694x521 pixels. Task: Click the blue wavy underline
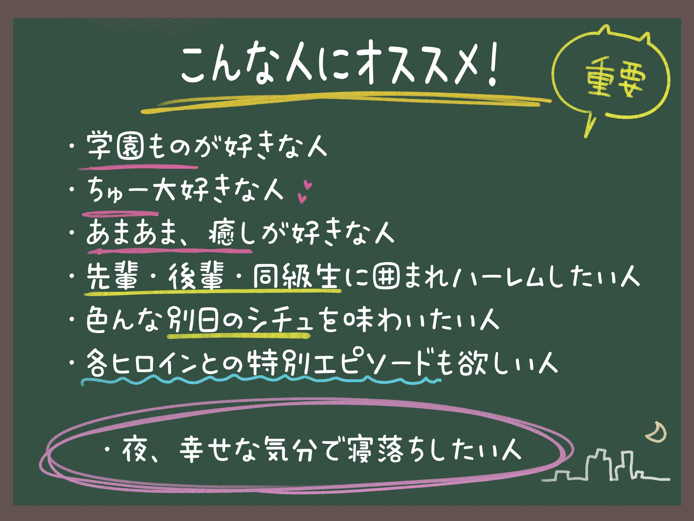[260, 380]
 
